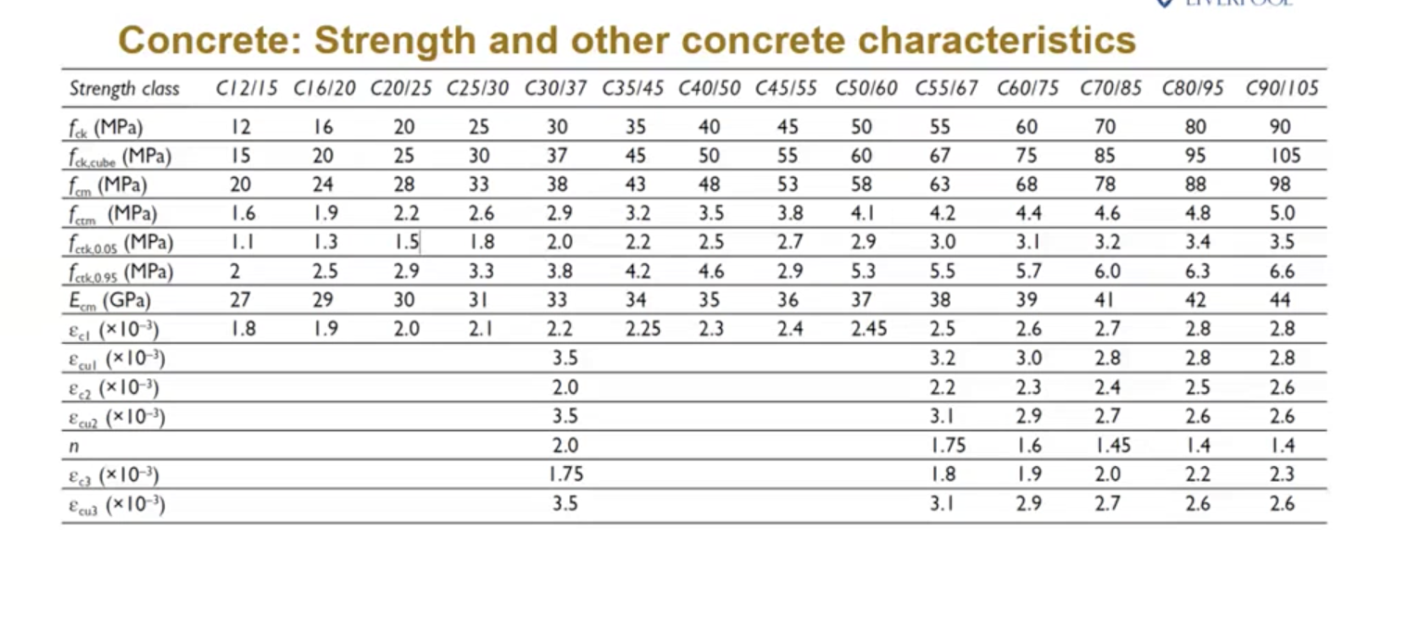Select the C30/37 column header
click(556, 88)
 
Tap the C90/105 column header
click(1282, 88)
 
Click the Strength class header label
click(124, 89)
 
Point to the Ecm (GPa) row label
click(109, 300)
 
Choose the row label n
click(74, 447)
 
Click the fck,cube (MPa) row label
click(120, 157)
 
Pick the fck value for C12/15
click(241, 127)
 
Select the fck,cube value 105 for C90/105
click(1285, 156)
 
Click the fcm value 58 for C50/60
click(861, 184)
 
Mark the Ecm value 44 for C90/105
click(1280, 300)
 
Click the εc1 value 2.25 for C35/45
click(643, 329)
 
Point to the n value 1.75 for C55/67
click(948, 446)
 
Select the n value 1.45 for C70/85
click(1113, 446)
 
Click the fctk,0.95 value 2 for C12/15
click(234, 272)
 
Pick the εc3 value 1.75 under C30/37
click(565, 474)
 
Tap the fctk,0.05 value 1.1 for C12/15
click(243, 242)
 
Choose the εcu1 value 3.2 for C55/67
click(943, 358)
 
